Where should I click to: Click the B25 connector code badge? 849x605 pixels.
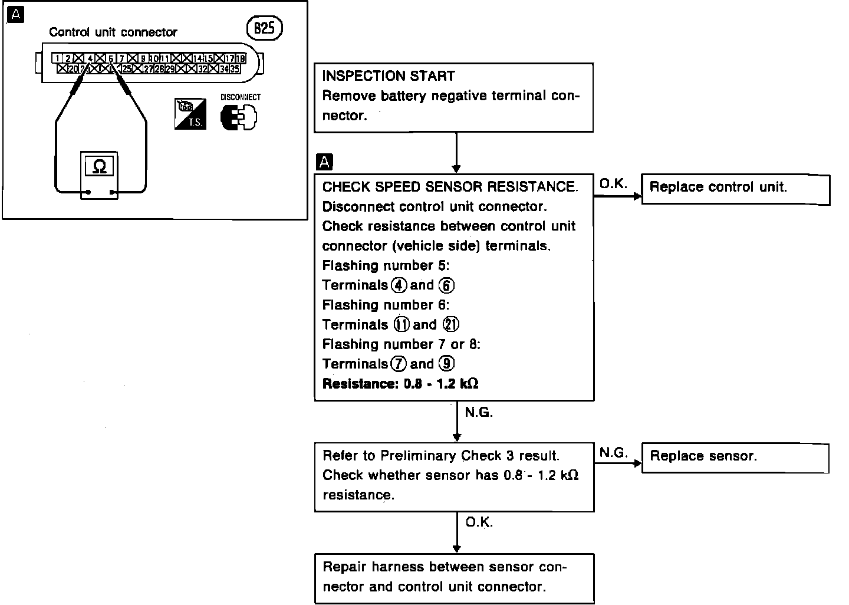click(x=264, y=28)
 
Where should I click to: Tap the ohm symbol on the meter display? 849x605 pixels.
click(x=99, y=167)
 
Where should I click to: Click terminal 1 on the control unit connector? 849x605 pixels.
click(x=57, y=58)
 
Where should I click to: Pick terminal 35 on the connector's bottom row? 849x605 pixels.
click(x=235, y=69)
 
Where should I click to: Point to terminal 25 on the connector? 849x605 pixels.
click(x=126, y=69)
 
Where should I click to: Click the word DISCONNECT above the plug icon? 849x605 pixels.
click(x=240, y=97)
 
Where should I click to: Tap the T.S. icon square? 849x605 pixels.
click(x=190, y=114)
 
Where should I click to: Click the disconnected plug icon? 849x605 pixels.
click(x=239, y=117)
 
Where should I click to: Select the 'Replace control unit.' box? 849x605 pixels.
click(x=735, y=189)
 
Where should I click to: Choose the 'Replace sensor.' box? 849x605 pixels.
click(x=735, y=458)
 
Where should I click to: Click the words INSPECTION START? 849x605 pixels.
click(x=389, y=76)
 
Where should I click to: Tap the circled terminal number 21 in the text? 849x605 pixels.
click(x=451, y=324)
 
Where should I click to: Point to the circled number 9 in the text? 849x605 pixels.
click(x=447, y=364)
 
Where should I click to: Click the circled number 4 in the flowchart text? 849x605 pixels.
click(x=399, y=285)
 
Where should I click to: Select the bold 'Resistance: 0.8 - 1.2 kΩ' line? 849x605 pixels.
click(x=400, y=384)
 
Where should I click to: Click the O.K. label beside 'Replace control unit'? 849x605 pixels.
click(x=613, y=184)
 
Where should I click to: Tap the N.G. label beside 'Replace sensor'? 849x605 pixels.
click(x=613, y=452)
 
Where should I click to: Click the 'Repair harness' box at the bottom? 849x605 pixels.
click(x=454, y=578)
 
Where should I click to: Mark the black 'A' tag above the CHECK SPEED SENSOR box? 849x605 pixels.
click(x=324, y=162)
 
